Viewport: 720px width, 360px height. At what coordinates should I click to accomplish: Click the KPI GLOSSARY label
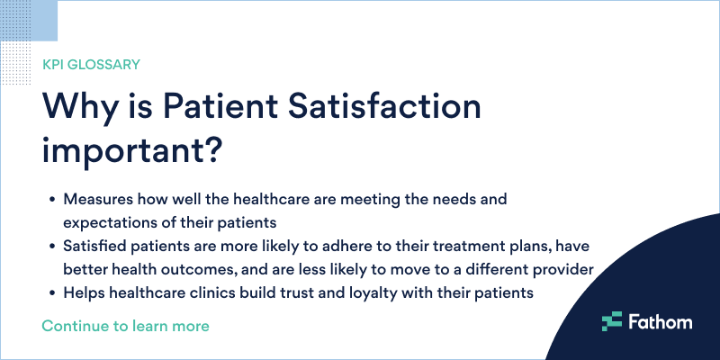pos(91,65)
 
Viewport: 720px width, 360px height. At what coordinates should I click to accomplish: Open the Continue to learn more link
pos(125,326)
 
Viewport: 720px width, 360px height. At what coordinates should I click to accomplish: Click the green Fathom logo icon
pos(612,321)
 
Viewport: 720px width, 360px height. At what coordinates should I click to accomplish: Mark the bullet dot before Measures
pos(49,198)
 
